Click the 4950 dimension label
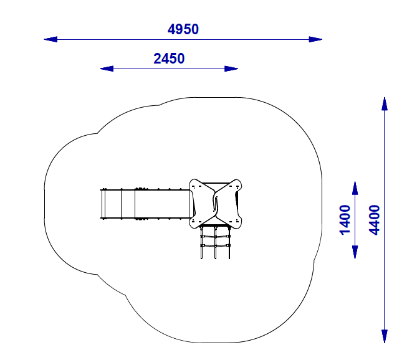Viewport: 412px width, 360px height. click(183, 29)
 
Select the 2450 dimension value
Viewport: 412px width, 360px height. click(169, 59)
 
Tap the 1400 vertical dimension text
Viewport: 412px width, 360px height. click(345, 220)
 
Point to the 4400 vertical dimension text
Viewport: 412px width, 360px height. click(374, 220)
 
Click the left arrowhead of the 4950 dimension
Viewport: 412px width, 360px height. click(50, 39)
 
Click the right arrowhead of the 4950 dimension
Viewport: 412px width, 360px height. click(315, 39)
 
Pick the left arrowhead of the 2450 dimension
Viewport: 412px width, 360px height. click(107, 69)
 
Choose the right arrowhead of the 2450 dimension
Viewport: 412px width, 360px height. click(231, 69)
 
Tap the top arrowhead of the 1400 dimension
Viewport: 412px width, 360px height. click(355, 188)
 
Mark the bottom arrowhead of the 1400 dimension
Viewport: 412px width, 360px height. click(355, 252)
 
